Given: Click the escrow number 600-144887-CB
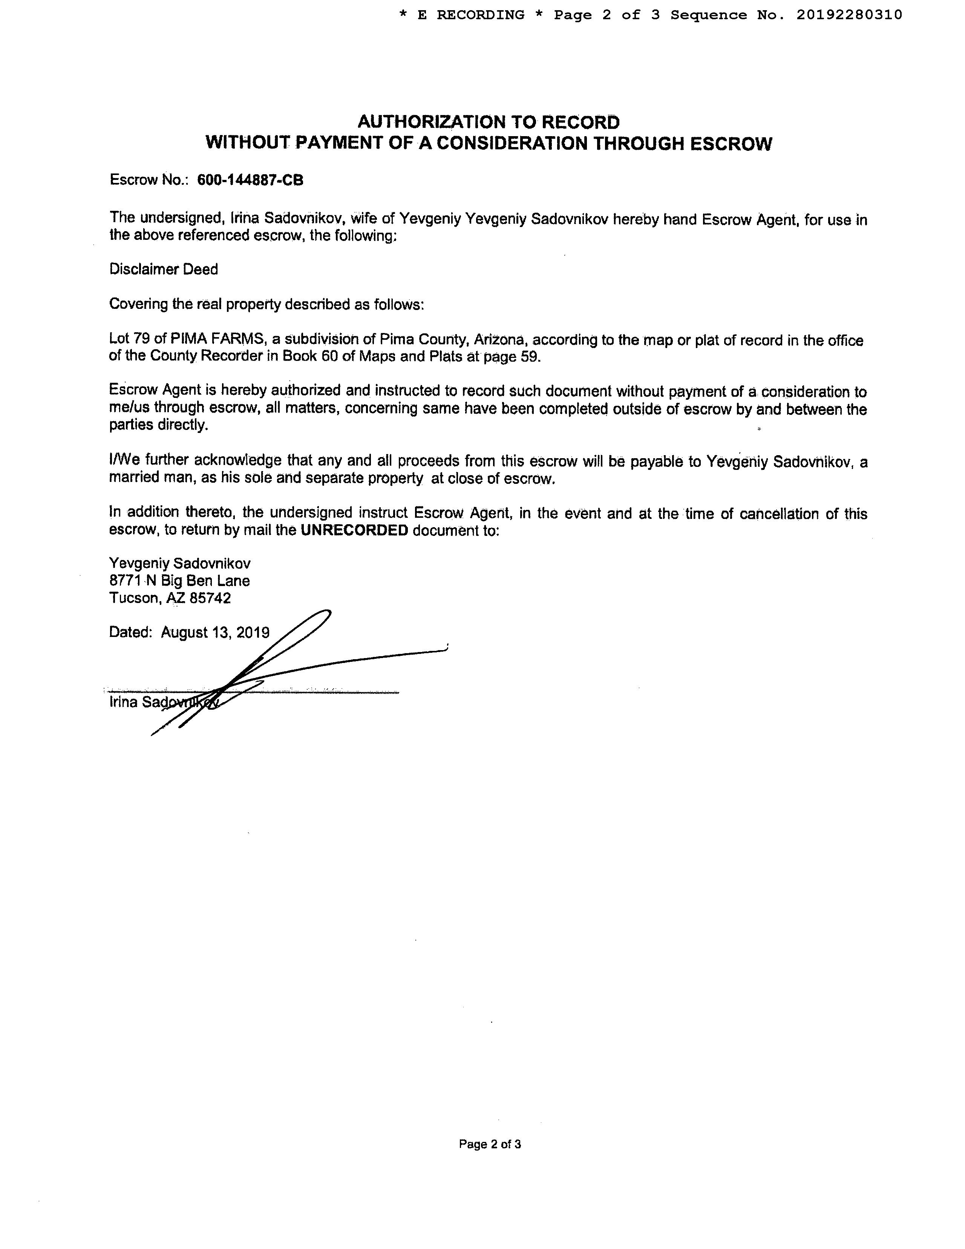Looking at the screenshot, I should point(250,180).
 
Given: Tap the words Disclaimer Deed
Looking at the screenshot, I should point(164,269).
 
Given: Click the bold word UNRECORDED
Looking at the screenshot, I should point(354,530).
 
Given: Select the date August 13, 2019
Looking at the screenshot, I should point(215,632).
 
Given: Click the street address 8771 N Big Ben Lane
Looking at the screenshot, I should point(179,581).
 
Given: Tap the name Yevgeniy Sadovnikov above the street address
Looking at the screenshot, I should point(179,564).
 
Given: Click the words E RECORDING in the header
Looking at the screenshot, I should point(471,15).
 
